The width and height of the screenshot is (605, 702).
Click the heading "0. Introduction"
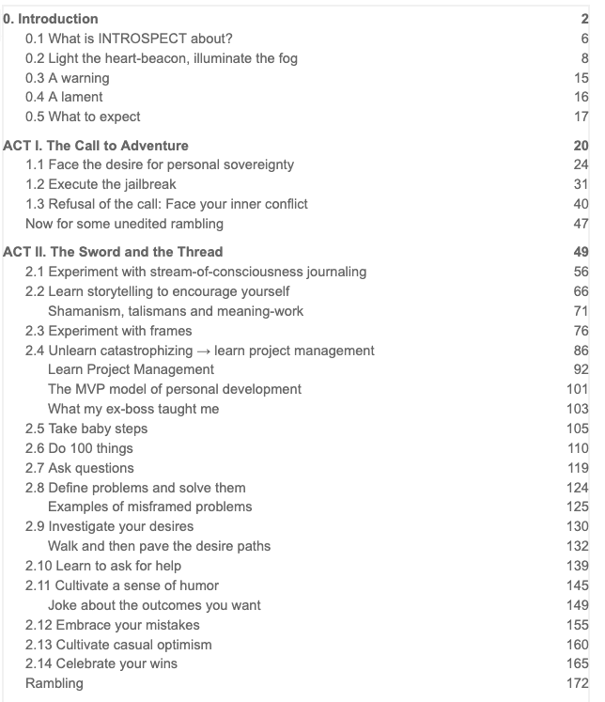point(51,19)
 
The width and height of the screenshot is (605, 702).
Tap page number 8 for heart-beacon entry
point(584,58)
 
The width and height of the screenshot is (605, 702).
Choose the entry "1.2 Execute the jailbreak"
point(101,184)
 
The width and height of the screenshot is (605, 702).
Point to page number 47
point(581,224)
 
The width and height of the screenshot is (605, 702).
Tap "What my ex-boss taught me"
point(127,409)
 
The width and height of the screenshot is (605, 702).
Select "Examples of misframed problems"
point(149,507)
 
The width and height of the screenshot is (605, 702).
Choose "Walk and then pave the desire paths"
point(158,546)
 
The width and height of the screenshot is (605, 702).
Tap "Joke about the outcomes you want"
point(154,605)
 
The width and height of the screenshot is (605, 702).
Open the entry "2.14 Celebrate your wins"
point(101,663)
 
